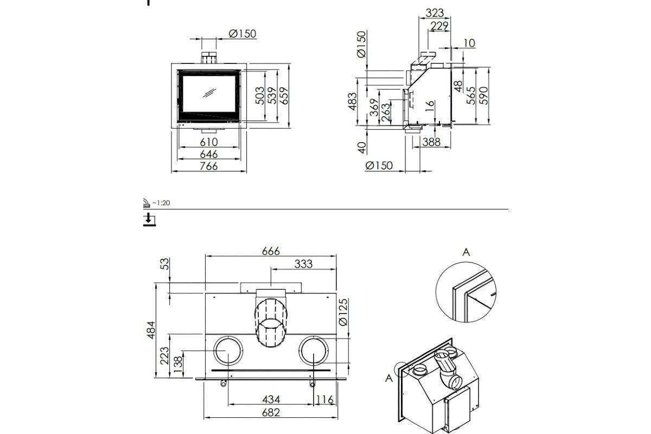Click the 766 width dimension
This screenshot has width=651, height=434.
[208, 167]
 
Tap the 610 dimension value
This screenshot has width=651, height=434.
[208, 143]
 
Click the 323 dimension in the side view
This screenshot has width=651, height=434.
[435, 12]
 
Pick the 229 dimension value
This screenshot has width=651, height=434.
[439, 25]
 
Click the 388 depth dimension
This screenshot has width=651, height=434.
[430, 142]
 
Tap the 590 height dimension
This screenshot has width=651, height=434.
[484, 95]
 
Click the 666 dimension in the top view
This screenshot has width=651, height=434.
[270, 251]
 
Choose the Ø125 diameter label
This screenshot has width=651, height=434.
[343, 314]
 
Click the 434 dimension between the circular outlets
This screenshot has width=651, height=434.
[271, 400]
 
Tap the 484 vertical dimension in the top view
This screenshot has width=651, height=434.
[151, 330]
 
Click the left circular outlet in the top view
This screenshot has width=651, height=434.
[227, 352]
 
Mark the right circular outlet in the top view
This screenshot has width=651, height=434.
[315, 352]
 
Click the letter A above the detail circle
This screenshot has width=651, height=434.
[465, 252]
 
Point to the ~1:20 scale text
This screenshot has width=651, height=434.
[161, 202]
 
